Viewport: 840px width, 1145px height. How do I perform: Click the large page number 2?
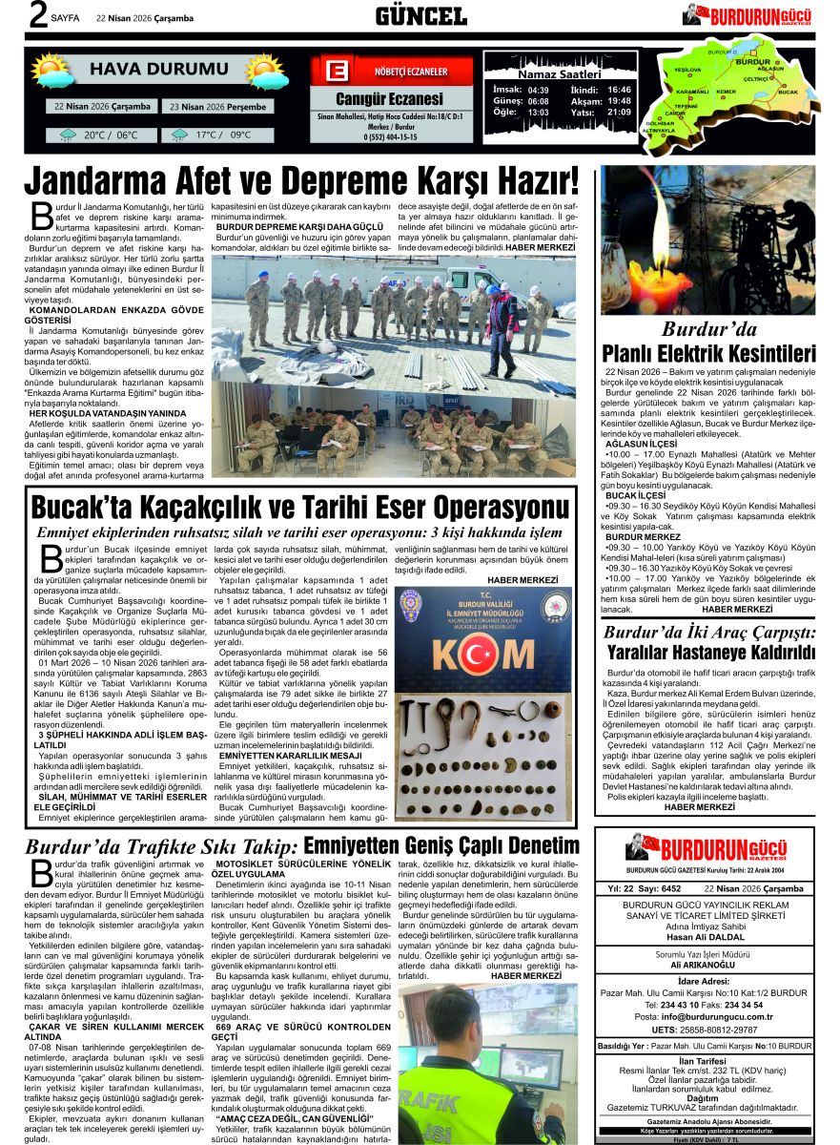coord(12,15)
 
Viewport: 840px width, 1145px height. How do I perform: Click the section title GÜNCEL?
coord(420,15)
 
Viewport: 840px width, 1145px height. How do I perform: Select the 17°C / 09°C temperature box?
coord(216,135)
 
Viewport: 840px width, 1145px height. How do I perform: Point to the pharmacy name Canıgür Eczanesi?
coord(389,99)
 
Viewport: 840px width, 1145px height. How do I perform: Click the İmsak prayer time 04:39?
coord(538,90)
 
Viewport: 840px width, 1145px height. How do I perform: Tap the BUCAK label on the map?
coord(788,92)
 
